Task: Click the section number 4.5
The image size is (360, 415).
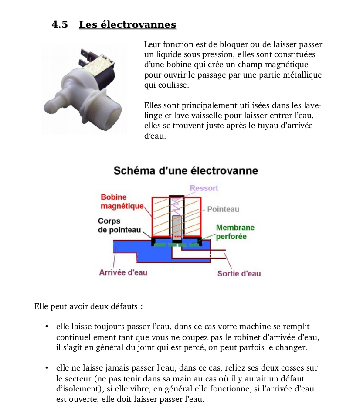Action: tap(60, 25)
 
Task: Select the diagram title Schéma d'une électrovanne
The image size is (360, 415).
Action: tap(186, 170)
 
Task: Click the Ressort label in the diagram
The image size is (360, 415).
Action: tap(204, 188)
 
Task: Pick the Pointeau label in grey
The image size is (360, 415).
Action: tap(223, 209)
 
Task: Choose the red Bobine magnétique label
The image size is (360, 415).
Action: tap(122, 201)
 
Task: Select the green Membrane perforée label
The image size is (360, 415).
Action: tap(235, 232)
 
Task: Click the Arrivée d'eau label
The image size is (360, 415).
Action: tap(123, 272)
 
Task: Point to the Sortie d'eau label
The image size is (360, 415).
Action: tap(239, 274)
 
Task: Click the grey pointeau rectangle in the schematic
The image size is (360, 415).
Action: tap(177, 227)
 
